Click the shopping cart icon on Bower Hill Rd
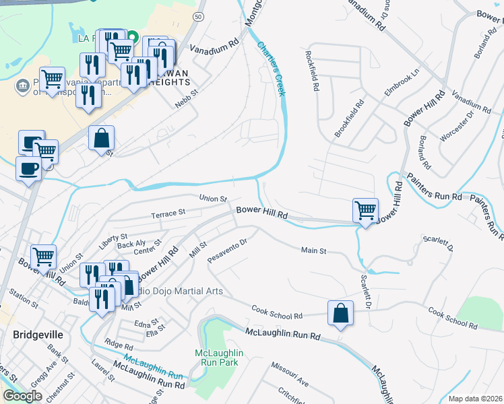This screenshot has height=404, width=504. tap(365, 210)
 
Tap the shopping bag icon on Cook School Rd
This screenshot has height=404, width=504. tap(341, 313)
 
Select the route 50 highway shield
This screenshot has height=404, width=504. tap(197, 15)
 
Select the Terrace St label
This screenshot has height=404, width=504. tap(168, 213)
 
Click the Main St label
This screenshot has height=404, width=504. tap(314, 250)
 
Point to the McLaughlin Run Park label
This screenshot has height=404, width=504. tap(218, 358)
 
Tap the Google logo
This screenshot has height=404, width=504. tap(22, 396)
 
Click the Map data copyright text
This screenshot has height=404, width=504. tap(475, 399)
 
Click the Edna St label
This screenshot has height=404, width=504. tap(146, 323)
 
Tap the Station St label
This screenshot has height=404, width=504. tap(24, 296)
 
